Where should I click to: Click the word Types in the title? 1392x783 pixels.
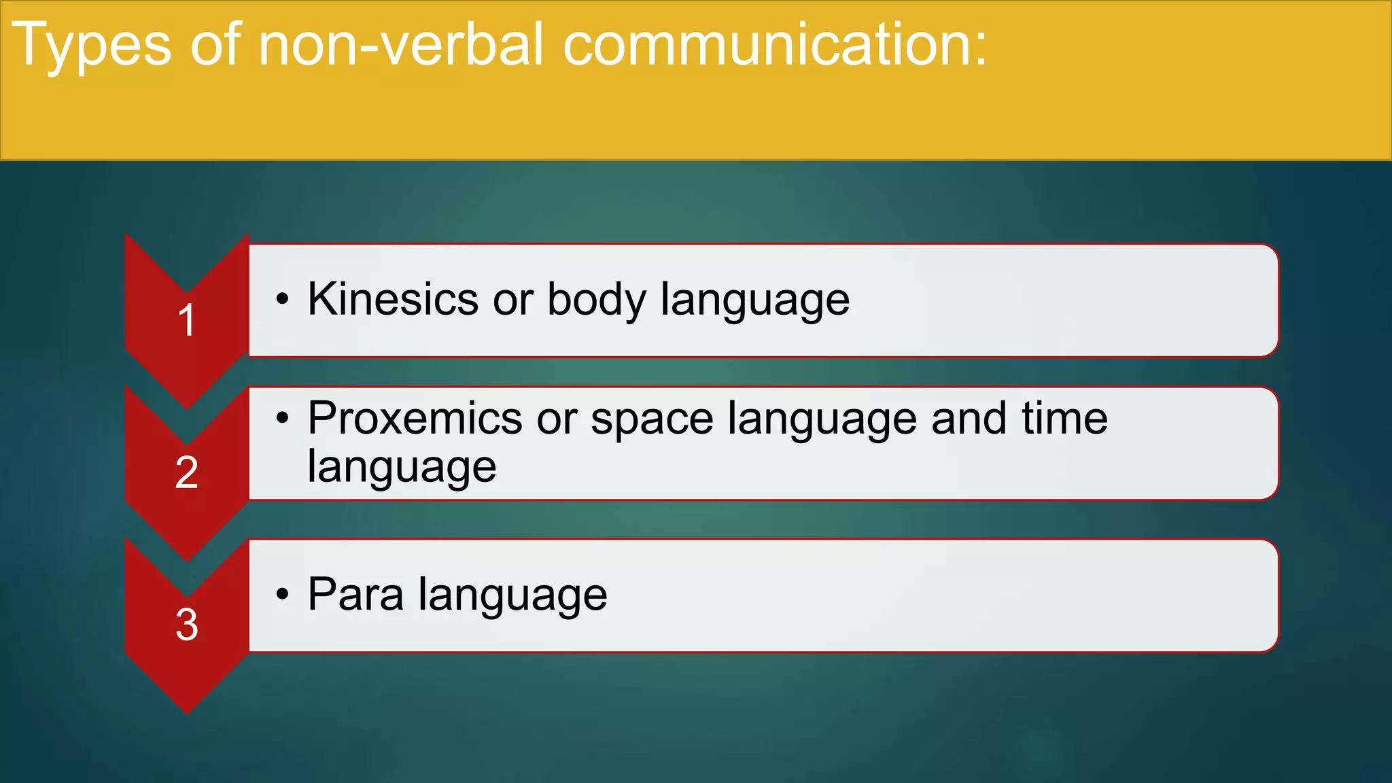[x=92, y=45]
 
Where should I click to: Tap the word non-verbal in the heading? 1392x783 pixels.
[x=401, y=45]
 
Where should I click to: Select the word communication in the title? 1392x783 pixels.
[x=765, y=45]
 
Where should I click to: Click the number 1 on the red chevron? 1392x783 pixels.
[x=186, y=320]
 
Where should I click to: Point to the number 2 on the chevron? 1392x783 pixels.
[x=186, y=472]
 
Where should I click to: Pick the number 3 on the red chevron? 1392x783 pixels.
[x=186, y=624]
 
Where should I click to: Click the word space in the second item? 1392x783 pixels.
[x=652, y=419]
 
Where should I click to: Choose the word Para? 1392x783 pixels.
[x=355, y=594]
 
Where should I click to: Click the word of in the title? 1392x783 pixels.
[x=215, y=45]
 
